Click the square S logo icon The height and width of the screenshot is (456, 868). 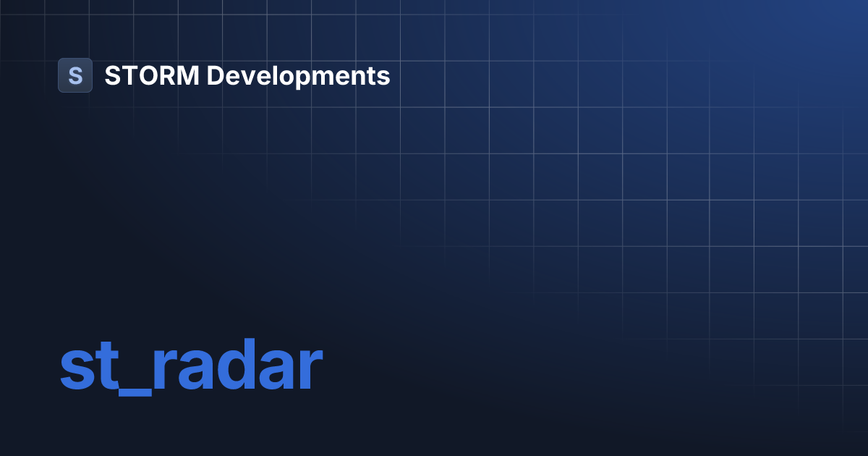[75, 75]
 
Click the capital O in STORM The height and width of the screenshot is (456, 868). [145, 75]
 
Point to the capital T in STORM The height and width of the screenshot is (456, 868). [128, 75]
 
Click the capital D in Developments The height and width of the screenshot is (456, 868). [216, 75]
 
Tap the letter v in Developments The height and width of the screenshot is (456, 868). [247, 77]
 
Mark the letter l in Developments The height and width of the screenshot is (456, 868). [273, 75]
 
